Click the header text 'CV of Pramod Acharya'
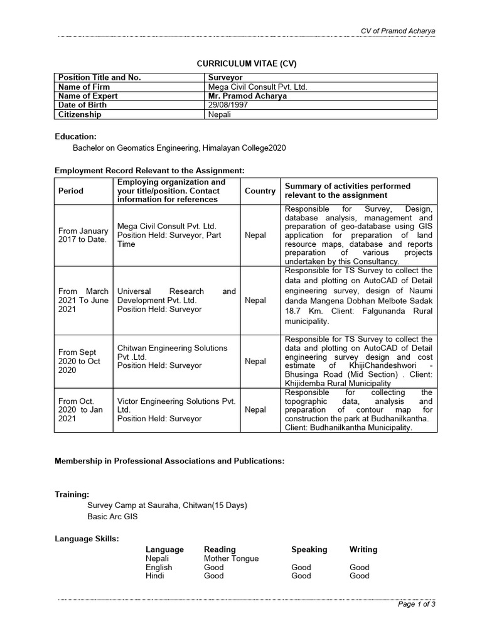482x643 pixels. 397,31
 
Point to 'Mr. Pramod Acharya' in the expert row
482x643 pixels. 249,96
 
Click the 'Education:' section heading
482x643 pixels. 75,136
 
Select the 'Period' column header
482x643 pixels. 70,191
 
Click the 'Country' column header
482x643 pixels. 260,191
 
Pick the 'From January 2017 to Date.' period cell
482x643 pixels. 83,235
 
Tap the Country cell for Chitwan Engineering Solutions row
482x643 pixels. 255,361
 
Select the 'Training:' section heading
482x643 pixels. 72,495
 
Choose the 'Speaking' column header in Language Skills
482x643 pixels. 309,549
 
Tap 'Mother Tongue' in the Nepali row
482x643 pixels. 231,558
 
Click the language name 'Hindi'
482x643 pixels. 155,576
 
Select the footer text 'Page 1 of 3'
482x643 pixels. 417,604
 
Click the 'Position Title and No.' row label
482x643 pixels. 99,77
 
